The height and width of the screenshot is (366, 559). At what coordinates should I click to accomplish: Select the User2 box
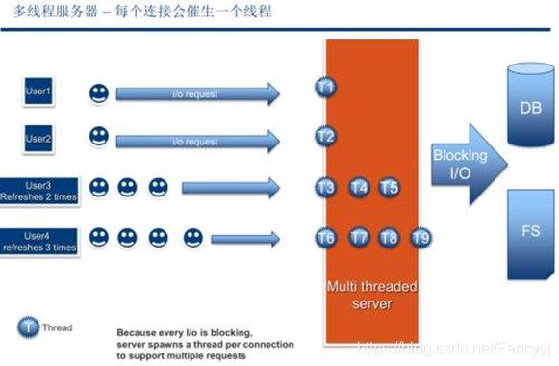(x=38, y=140)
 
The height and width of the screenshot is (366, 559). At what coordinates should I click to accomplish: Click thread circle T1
(x=325, y=88)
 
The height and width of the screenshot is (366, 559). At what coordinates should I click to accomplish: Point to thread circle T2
(x=325, y=136)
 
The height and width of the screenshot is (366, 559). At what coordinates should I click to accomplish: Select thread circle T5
(x=389, y=187)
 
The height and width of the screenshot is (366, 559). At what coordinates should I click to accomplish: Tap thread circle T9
(x=420, y=237)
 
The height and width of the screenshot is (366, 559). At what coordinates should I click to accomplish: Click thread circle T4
(x=359, y=187)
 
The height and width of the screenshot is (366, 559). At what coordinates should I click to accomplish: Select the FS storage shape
(x=528, y=232)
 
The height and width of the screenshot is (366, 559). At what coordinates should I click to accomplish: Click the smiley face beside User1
(x=98, y=93)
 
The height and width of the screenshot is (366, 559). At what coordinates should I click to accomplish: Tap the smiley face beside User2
(x=98, y=137)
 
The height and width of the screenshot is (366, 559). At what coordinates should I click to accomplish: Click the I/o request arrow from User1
(x=197, y=93)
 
